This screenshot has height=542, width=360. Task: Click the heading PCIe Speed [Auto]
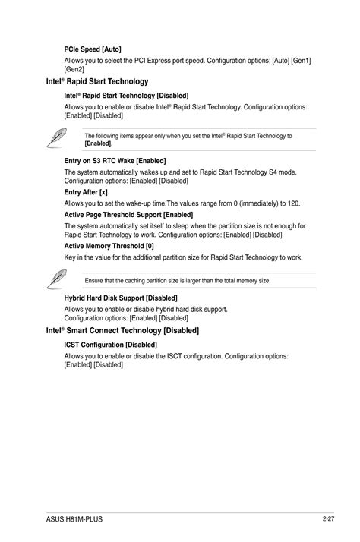pos(93,49)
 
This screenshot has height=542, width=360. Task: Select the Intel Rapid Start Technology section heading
pos(96,81)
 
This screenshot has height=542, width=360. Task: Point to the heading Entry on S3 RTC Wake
pos(115,161)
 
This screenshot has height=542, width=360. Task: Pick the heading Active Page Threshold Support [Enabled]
pos(128,215)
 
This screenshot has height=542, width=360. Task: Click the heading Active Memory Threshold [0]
pos(109,246)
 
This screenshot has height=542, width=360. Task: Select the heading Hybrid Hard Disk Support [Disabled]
pos(120,298)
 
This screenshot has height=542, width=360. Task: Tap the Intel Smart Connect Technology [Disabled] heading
pos(122,331)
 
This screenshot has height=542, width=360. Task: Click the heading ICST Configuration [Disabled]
pos(110,345)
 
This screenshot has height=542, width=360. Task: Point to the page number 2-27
pos(328,518)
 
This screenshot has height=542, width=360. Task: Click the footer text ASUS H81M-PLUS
pos(74,519)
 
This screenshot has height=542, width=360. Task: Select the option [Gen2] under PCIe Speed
pos(74,68)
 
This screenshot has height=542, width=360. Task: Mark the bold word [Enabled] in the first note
pos(98,143)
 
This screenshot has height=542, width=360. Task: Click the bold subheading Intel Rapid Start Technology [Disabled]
pos(126,96)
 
